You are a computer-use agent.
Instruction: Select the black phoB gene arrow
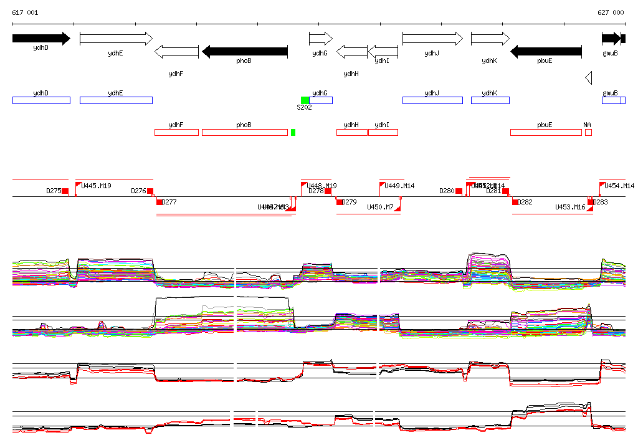(245, 51)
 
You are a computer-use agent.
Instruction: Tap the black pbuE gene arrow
(546, 51)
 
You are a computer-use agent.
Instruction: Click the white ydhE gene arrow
(116, 39)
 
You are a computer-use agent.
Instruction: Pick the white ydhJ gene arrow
(432, 39)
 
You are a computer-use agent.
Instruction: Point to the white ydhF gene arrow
(176, 51)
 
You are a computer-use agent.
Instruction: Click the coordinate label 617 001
(25, 12)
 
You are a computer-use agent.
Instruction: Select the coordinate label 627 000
(611, 12)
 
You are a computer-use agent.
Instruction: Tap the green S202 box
(305, 100)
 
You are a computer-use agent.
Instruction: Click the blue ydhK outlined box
(490, 100)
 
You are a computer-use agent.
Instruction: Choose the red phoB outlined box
(244, 132)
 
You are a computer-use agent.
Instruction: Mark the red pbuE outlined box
(545, 132)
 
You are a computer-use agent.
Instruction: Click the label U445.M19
(97, 186)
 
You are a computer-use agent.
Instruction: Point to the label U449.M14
(399, 186)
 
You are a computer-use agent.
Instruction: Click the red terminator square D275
(65, 191)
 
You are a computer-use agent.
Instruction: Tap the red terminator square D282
(515, 202)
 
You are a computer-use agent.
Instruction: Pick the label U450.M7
(380, 207)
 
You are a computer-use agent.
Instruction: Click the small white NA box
(588, 132)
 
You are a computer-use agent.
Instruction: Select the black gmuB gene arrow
(611, 39)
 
